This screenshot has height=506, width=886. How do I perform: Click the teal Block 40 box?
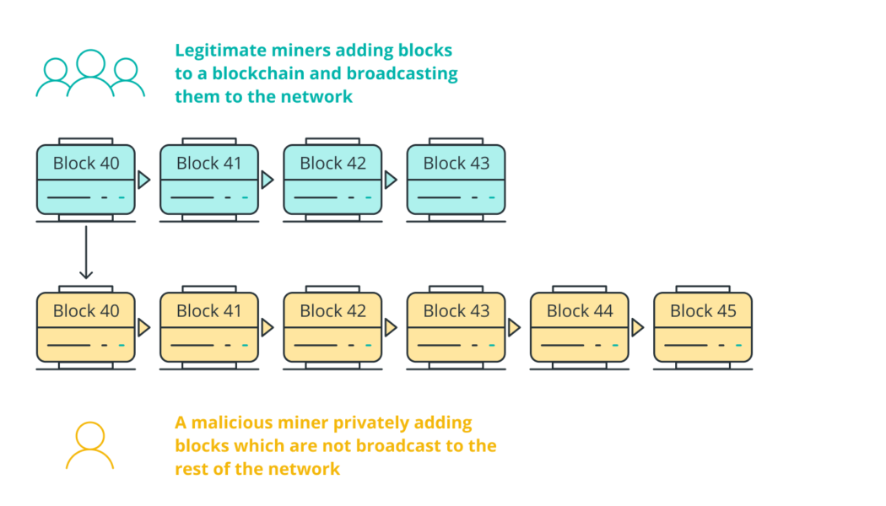86,179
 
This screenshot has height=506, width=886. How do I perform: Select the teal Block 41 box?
209,179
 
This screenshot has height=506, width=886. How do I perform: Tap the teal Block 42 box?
332,179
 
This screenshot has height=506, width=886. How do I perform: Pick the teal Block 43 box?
456,179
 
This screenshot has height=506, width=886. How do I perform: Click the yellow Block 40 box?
86,327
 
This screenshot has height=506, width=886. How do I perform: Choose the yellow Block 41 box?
209,327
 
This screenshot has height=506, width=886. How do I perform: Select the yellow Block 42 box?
332,327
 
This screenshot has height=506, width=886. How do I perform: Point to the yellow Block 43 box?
456,327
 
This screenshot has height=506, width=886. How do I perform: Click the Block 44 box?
579,327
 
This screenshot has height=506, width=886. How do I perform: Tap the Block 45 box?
702,327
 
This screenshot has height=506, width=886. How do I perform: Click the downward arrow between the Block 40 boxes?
86,252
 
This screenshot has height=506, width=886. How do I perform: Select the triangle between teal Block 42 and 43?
391,180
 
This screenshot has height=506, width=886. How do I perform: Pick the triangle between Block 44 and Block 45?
637,327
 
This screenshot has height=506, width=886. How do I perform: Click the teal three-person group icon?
90,74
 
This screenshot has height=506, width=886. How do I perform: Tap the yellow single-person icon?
89,446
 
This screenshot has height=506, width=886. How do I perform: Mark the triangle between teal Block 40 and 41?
144,180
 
